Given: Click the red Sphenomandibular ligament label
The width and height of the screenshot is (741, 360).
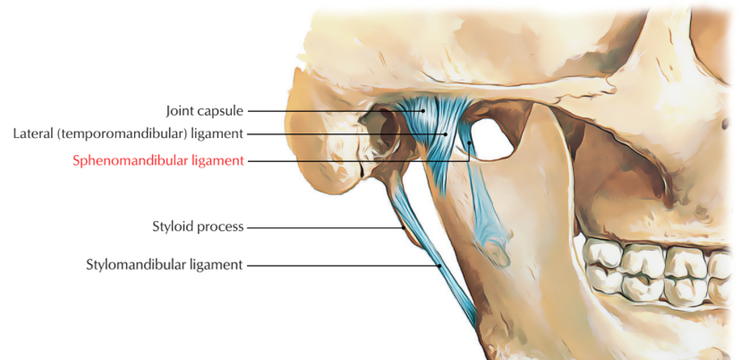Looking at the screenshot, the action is click(x=158, y=161).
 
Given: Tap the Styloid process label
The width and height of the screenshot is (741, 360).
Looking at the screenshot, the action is click(x=199, y=227).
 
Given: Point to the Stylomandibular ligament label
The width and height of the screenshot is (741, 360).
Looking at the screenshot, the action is click(x=166, y=265).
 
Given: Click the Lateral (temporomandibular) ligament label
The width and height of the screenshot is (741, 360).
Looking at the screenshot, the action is click(x=129, y=134).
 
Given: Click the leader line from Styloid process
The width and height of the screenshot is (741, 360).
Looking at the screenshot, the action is click(x=322, y=227).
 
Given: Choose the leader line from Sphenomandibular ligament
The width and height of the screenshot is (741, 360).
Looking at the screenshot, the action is click(x=358, y=161).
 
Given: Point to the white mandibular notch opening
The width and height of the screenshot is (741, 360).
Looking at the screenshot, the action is click(x=488, y=139).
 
